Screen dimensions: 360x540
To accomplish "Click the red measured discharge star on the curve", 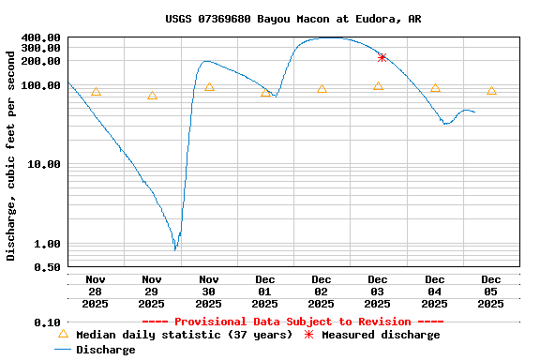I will (x=382, y=57).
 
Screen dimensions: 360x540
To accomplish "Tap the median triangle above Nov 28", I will (x=96, y=92).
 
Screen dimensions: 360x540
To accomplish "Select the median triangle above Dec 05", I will (x=491, y=91).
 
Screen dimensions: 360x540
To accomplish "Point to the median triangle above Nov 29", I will (x=152, y=96).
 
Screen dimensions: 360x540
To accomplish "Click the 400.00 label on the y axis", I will (x=41, y=38).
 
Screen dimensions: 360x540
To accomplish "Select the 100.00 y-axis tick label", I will (x=41, y=85).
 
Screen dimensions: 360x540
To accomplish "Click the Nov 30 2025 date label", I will (x=208, y=291).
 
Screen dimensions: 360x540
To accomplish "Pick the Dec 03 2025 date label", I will (x=378, y=291).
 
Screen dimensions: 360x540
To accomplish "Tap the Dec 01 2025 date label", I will (x=265, y=291).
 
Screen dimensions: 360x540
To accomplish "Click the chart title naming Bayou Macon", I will (x=292, y=19).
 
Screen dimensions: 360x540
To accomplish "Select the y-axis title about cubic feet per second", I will (x=11, y=155).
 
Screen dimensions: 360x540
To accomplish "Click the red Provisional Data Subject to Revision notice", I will (x=292, y=322).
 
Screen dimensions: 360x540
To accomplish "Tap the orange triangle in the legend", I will (x=63, y=334).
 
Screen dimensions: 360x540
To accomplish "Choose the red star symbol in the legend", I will (x=310, y=334).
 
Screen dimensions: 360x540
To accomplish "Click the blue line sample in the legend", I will (x=63, y=350).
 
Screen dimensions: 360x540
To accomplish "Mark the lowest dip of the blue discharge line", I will (x=174, y=249).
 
